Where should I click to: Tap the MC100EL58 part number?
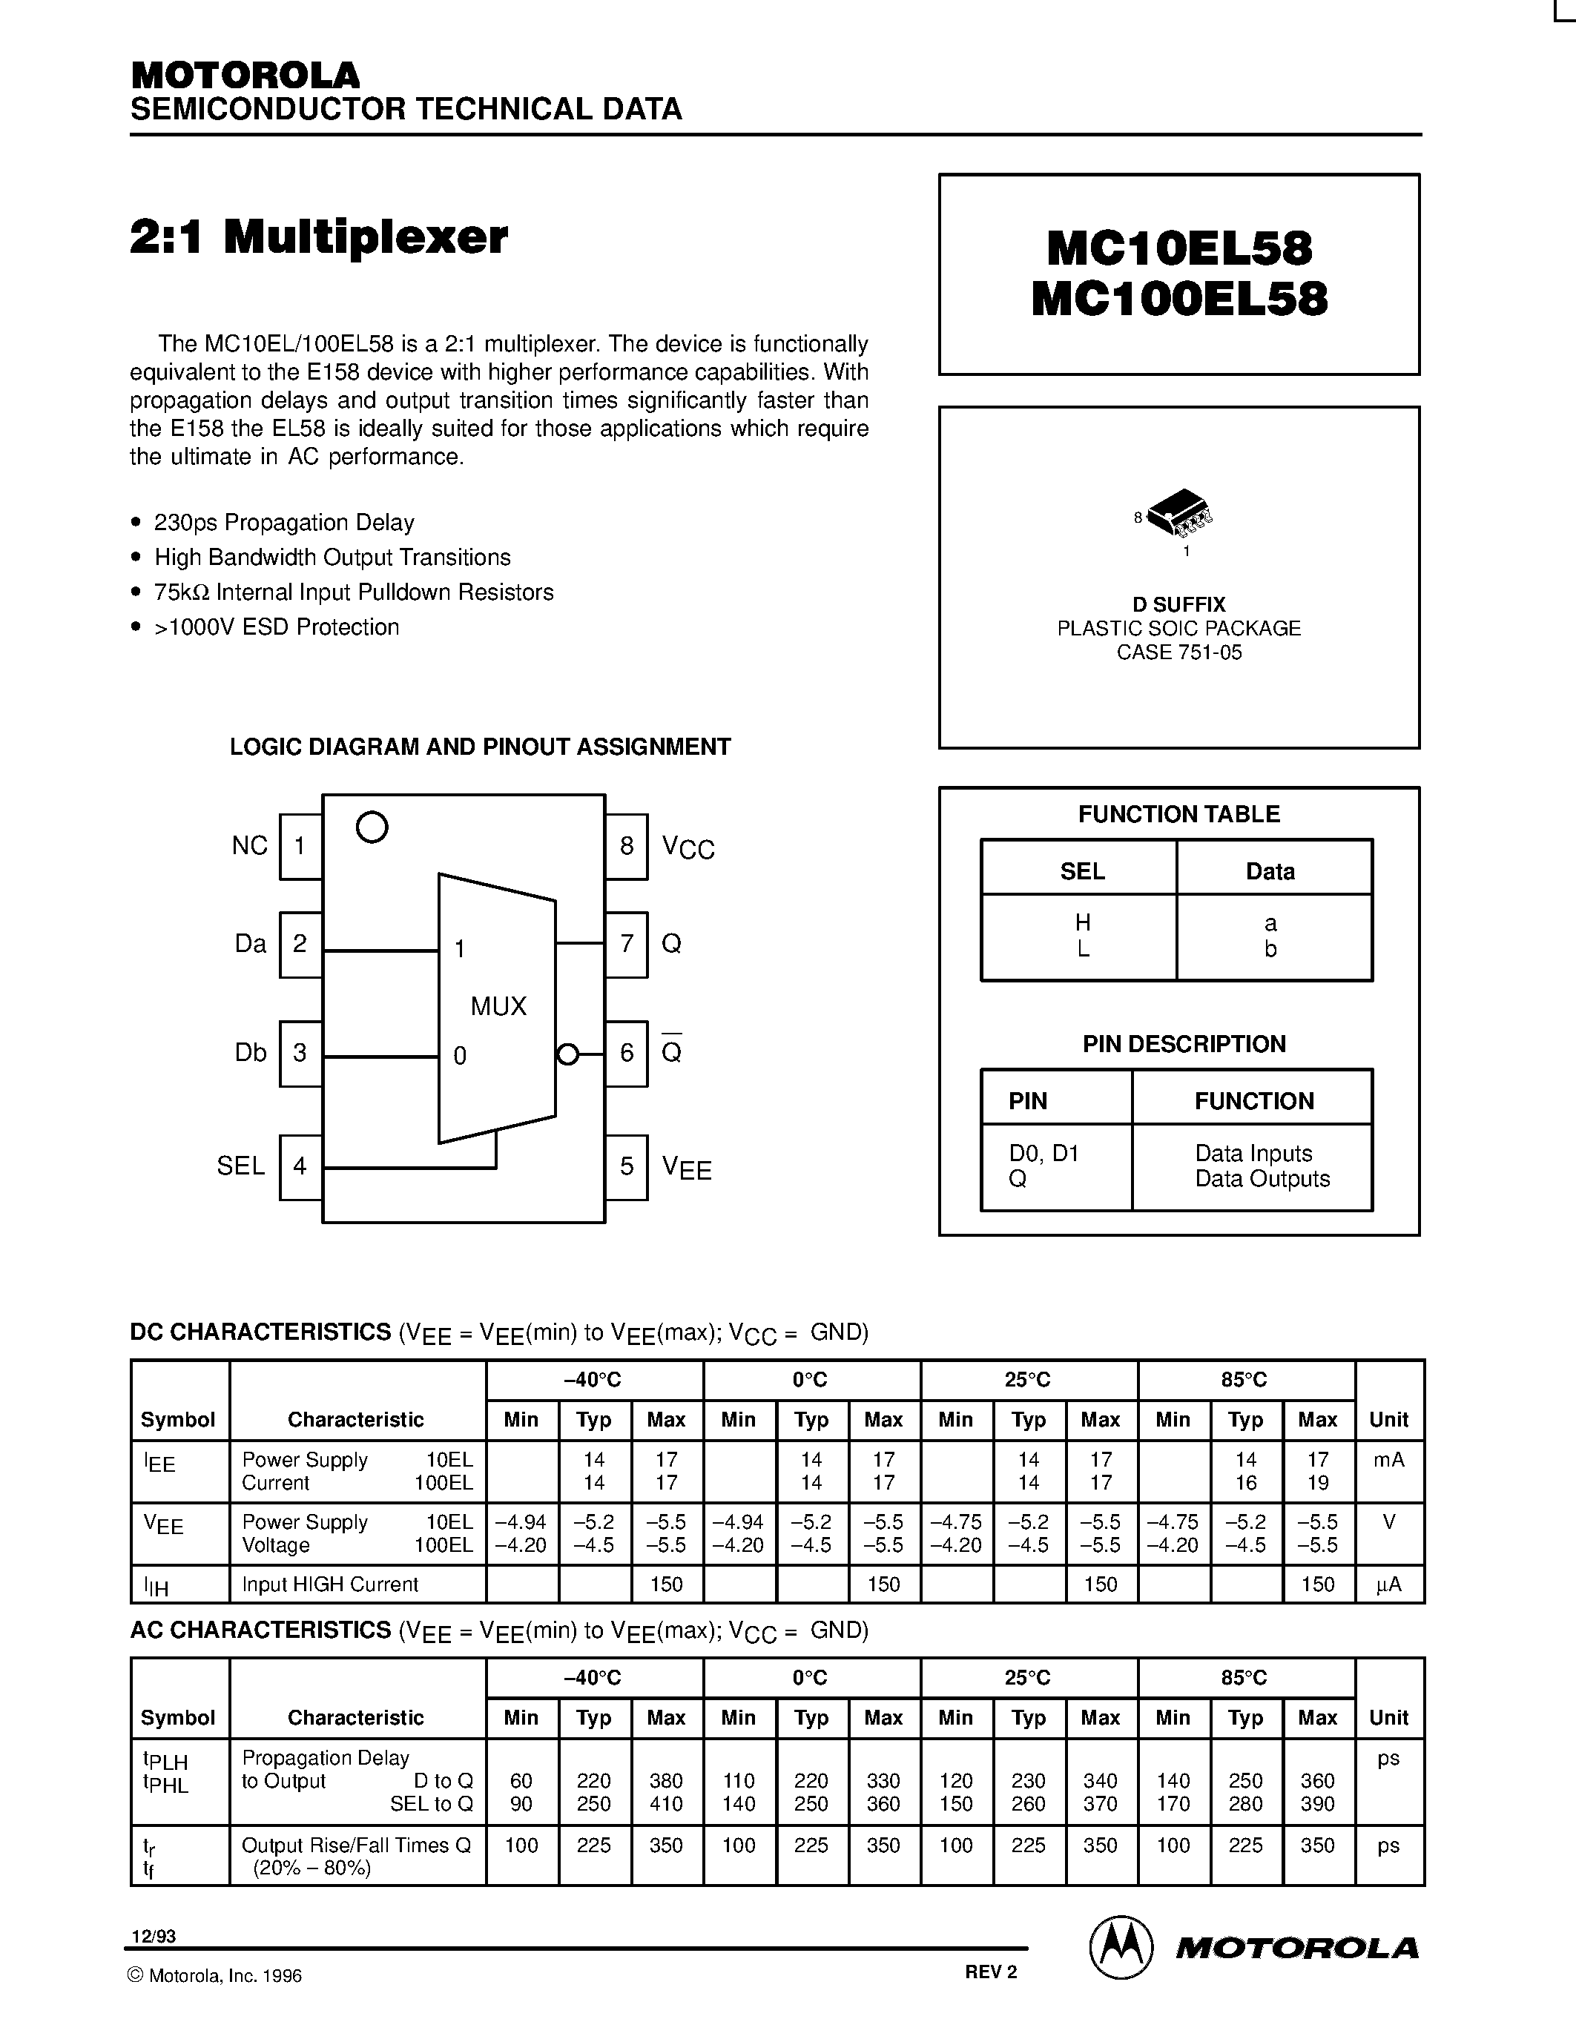pos(1179,300)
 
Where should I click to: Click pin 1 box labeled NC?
pos(300,847)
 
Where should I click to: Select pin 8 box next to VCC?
pos(627,847)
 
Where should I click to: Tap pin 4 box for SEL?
pos(300,1166)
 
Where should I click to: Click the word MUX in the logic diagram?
pos(498,1006)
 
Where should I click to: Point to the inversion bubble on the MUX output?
pos(566,1055)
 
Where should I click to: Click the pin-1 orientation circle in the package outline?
pos(372,827)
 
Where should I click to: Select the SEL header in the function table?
pos(1082,871)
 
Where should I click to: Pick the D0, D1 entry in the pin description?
pos(1043,1153)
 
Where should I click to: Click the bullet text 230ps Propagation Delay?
pos(284,523)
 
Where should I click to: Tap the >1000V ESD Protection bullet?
pos(277,627)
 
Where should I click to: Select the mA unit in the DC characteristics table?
pos(1388,1459)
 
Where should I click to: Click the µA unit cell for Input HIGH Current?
pos(1388,1584)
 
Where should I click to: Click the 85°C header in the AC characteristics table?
pos(1244,1678)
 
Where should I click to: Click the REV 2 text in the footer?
pos(991,1971)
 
